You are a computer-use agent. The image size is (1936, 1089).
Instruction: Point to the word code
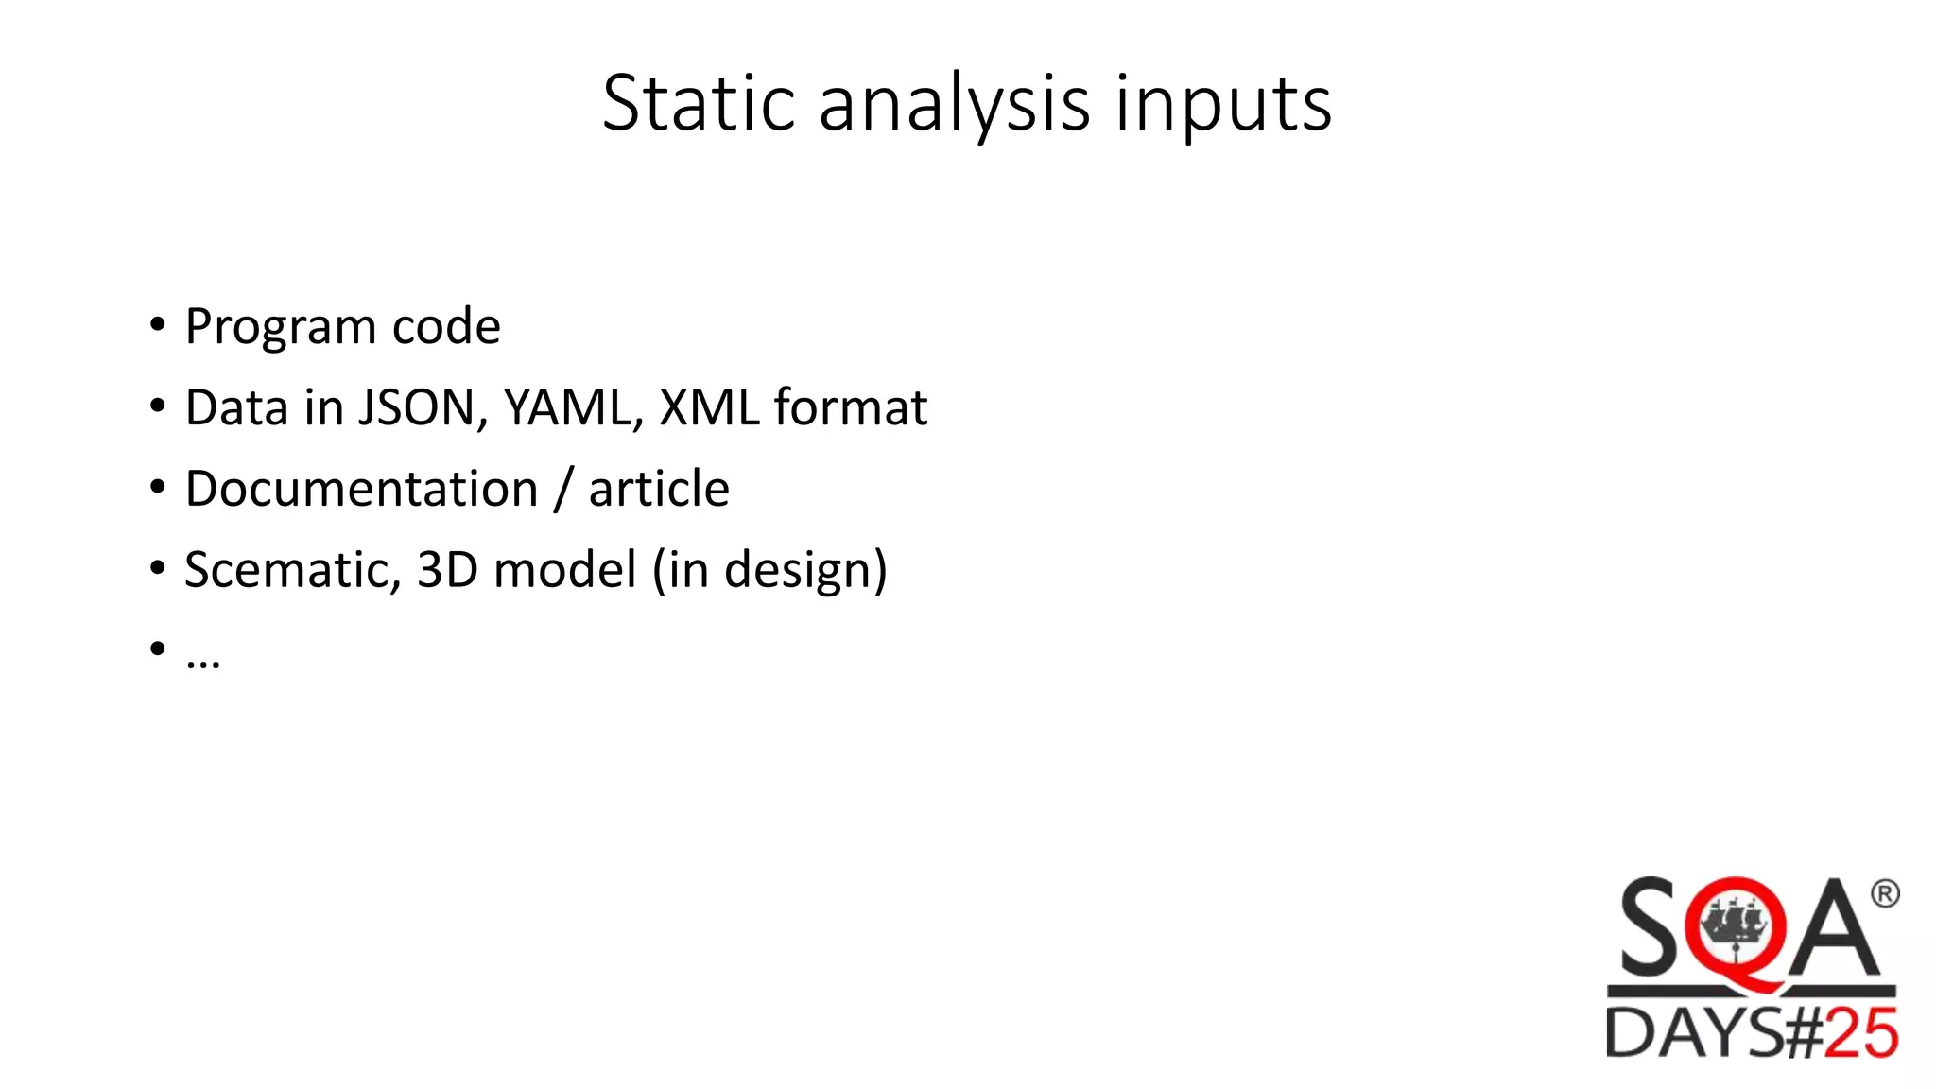pyautogui.click(x=446, y=326)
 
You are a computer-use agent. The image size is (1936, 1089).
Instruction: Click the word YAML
pyautogui.click(x=573, y=407)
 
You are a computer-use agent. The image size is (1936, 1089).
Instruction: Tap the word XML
pyautogui.click(x=709, y=407)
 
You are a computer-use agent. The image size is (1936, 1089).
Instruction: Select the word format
pyautogui.click(x=851, y=407)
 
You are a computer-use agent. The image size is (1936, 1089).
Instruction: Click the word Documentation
pyautogui.click(x=361, y=489)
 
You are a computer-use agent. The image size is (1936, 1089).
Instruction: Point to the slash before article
pyautogui.click(x=563, y=489)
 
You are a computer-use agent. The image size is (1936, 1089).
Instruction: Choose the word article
pyautogui.click(x=659, y=489)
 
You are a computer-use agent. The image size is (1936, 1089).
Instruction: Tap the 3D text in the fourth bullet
pyautogui.click(x=447, y=570)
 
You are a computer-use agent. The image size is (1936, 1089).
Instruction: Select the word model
pyautogui.click(x=565, y=570)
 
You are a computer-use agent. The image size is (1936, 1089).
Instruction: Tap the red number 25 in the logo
pyautogui.click(x=1859, y=1033)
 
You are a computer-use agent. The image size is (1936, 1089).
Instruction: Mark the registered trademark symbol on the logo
pyautogui.click(x=1884, y=893)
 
